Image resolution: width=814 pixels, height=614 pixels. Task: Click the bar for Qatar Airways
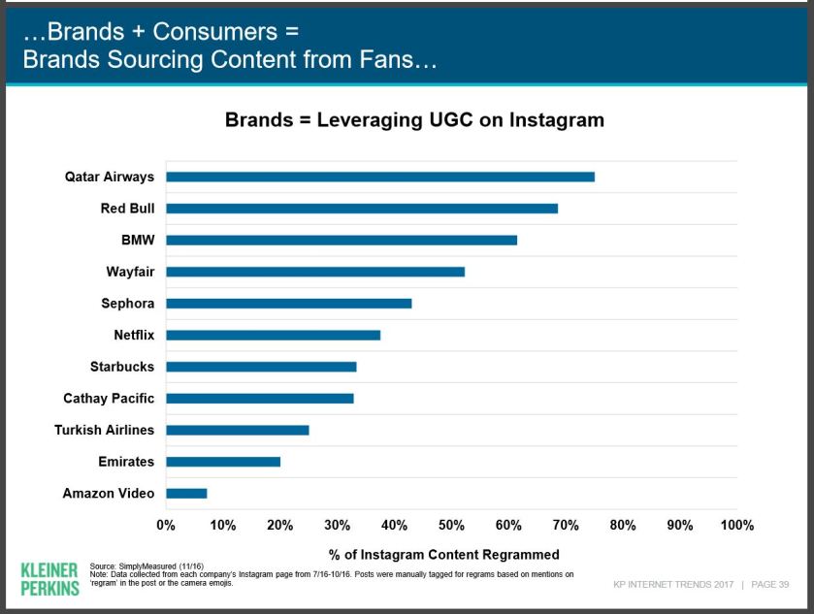point(379,177)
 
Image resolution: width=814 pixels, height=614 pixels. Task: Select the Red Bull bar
point(361,209)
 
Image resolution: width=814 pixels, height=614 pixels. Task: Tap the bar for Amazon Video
point(186,494)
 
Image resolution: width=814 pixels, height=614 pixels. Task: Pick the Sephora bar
point(288,304)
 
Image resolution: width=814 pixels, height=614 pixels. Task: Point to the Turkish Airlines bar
point(237,430)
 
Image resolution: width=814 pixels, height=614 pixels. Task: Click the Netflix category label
point(134,336)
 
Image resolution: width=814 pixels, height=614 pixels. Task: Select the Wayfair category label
point(130,272)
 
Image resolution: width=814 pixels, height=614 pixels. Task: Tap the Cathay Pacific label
point(109,399)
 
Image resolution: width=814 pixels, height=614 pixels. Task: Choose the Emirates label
point(126,462)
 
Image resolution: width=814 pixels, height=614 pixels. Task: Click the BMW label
point(138,240)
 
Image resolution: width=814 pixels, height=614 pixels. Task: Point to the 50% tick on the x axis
point(451,526)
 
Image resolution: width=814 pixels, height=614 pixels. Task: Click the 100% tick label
point(737,526)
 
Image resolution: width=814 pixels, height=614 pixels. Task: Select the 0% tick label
point(166,526)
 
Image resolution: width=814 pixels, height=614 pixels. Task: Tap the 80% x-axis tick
point(623,526)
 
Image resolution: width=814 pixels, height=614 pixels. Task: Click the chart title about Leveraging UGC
point(414,120)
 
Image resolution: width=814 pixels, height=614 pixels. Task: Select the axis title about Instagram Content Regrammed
point(443,555)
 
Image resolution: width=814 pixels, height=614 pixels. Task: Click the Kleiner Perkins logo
point(49,577)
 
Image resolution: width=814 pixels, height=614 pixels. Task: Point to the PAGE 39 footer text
point(770,585)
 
